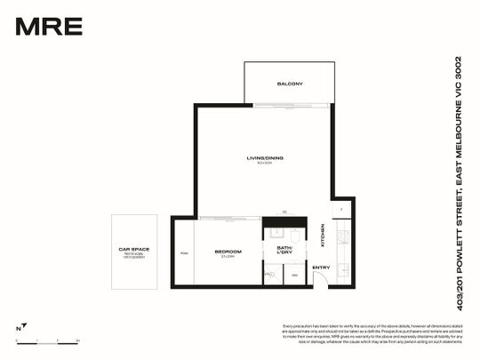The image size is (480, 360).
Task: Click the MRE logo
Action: click(x=49, y=26)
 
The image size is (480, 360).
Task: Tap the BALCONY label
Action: click(x=290, y=84)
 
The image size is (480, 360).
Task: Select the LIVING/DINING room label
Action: click(x=264, y=158)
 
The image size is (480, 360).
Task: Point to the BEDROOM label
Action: click(x=228, y=252)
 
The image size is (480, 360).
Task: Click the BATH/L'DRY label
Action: click(x=284, y=250)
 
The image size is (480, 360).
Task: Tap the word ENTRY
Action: click(x=321, y=268)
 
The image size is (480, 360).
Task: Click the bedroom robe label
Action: click(x=184, y=252)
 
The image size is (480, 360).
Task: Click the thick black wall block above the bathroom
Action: click(x=284, y=222)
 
